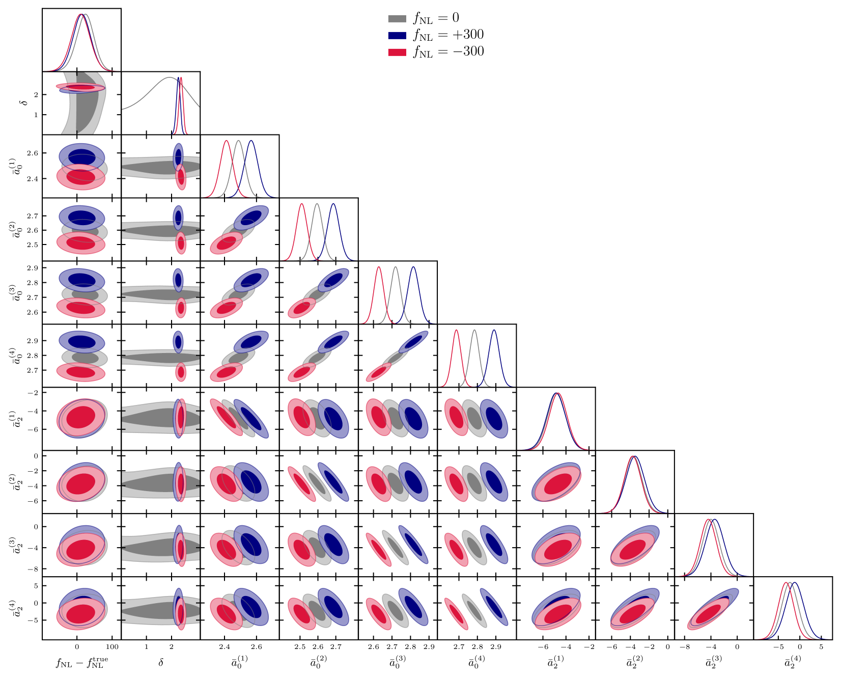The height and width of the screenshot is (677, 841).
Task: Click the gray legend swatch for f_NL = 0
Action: coord(397,19)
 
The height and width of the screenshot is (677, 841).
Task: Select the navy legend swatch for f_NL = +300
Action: coord(397,36)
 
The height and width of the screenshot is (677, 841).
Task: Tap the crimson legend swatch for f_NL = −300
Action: coord(397,52)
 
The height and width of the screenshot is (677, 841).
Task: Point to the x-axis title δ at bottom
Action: coord(161,662)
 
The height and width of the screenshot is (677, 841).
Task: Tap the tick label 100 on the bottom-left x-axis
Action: coord(112,647)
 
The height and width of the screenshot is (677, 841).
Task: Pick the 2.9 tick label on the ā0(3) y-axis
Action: coord(32,268)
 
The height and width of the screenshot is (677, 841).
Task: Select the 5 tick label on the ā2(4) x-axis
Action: coord(821,647)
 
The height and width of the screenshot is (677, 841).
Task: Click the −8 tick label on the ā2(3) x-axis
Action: coord(685,647)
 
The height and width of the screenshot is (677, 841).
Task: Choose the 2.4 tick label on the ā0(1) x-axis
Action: coord(224,647)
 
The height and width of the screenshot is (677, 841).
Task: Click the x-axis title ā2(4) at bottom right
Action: coord(793,662)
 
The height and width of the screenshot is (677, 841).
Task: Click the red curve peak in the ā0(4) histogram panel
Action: coord(456,331)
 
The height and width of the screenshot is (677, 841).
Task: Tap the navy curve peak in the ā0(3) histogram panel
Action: coord(413,267)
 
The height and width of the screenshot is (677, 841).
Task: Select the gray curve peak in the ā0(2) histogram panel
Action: coord(317,204)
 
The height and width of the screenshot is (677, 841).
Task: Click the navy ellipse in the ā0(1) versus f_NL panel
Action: coord(82,156)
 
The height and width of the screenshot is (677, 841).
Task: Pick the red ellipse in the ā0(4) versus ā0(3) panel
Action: coord(378,373)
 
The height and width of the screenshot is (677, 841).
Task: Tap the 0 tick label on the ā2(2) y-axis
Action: coord(36,456)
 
